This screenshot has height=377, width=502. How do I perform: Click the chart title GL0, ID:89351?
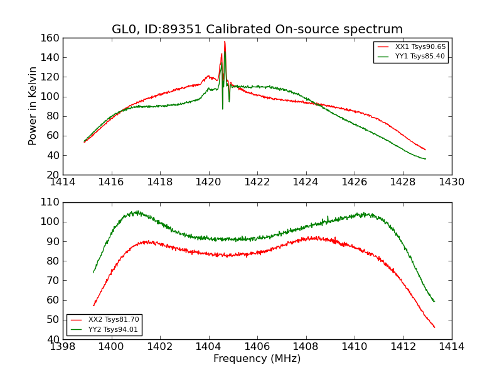pyautogui.click(x=257, y=30)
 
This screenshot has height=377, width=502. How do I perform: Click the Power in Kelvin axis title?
pyautogui.click(x=33, y=106)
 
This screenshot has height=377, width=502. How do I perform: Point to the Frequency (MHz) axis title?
pyautogui.click(x=257, y=359)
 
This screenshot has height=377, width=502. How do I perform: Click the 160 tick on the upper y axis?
pyautogui.click(x=51, y=38)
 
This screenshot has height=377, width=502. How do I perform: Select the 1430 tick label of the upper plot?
pyautogui.click(x=451, y=182)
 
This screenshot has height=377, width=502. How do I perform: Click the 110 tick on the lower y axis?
pyautogui.click(x=51, y=202)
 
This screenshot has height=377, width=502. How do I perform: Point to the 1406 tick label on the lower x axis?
pyautogui.click(x=257, y=347)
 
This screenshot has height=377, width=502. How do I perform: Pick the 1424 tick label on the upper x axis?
pyautogui.click(x=306, y=182)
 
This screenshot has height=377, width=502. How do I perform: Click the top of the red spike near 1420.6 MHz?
pyautogui.click(x=225, y=41)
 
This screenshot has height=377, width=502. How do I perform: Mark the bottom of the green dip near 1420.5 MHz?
pyautogui.click(x=222, y=109)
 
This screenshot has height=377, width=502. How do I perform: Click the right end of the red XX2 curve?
pyautogui.click(x=434, y=327)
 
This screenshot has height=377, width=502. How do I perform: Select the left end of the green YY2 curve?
pyautogui.click(x=93, y=273)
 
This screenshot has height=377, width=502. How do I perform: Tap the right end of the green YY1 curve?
pyautogui.click(x=425, y=159)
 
